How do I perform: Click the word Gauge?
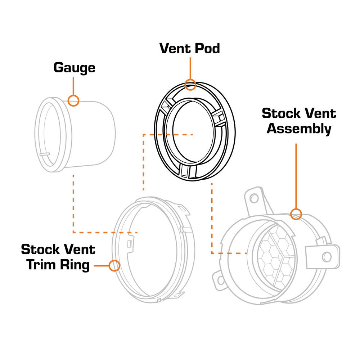point(75,68)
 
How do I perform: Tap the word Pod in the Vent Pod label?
point(207,49)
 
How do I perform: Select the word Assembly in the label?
point(299,129)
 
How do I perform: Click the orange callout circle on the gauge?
point(73,100)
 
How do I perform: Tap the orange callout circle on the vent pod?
point(190,85)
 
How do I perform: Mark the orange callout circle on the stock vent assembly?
point(296,214)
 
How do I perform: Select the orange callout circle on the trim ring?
point(114,266)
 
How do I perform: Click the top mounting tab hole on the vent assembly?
point(254,198)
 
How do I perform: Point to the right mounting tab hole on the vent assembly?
point(327,257)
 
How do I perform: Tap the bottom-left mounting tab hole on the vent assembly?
point(221,280)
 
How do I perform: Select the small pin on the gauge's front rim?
point(45,154)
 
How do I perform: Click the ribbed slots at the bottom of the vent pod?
point(189,171)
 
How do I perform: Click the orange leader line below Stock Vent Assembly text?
point(296,176)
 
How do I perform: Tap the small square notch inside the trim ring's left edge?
point(129,244)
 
